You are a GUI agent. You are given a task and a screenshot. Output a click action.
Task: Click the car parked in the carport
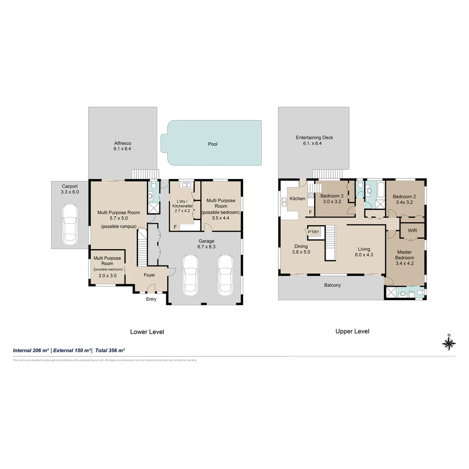[x=69, y=225]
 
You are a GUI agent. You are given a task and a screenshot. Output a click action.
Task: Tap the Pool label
[x=212, y=144]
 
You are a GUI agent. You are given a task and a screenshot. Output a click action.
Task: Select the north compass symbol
[x=449, y=343]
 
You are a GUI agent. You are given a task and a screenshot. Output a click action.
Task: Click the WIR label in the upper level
[x=412, y=231]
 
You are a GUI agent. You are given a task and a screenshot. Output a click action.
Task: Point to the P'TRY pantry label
[x=313, y=232]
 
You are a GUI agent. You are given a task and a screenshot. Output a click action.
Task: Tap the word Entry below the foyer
[x=151, y=299]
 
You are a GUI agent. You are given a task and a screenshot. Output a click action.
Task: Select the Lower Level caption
[x=147, y=332]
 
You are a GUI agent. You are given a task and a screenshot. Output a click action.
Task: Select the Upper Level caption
[x=352, y=331]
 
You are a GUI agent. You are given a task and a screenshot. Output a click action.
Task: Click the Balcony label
[x=332, y=285]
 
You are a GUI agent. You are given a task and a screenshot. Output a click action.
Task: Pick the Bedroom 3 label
[x=332, y=196]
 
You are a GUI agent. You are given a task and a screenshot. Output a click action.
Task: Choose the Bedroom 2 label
[x=404, y=197]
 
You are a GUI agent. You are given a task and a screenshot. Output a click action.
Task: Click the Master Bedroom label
[x=404, y=254]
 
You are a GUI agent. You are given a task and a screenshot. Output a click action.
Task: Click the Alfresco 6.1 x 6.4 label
[x=122, y=146]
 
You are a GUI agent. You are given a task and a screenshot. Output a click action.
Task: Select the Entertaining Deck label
[x=314, y=138]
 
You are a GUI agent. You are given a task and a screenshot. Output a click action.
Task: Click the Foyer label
[x=149, y=275]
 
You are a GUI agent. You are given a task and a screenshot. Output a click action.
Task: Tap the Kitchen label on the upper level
[x=297, y=198]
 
